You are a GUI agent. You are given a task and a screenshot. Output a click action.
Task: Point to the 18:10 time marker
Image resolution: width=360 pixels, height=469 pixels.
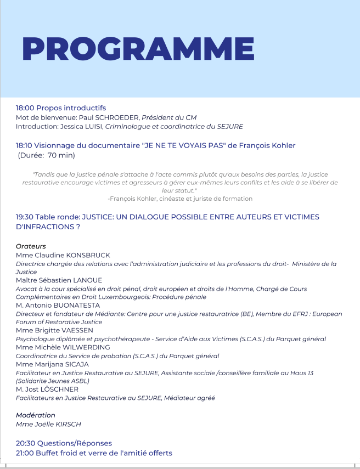25,145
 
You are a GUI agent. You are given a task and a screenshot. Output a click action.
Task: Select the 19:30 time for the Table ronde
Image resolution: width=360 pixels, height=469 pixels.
25,217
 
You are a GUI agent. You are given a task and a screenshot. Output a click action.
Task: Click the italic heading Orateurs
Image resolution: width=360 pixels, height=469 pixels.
31,246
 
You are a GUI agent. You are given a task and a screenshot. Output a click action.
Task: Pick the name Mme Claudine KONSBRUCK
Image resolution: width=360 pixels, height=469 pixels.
63,255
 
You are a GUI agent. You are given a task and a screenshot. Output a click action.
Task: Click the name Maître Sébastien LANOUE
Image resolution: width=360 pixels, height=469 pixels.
59,280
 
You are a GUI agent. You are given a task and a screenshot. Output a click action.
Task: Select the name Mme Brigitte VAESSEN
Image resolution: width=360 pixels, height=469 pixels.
55,330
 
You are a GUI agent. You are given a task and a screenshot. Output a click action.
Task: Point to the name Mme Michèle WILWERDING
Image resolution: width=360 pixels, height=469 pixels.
63,347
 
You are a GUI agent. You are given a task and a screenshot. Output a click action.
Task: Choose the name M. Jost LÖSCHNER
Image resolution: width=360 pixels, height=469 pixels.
47,389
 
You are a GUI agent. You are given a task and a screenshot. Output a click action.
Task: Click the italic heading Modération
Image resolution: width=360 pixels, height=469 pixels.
36,415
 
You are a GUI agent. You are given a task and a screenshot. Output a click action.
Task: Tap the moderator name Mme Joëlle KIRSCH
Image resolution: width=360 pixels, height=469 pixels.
48,424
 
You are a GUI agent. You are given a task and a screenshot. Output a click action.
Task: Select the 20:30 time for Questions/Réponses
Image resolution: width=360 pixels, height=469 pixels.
25,443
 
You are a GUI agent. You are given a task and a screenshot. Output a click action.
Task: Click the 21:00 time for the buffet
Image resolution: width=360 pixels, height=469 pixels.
25,453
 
